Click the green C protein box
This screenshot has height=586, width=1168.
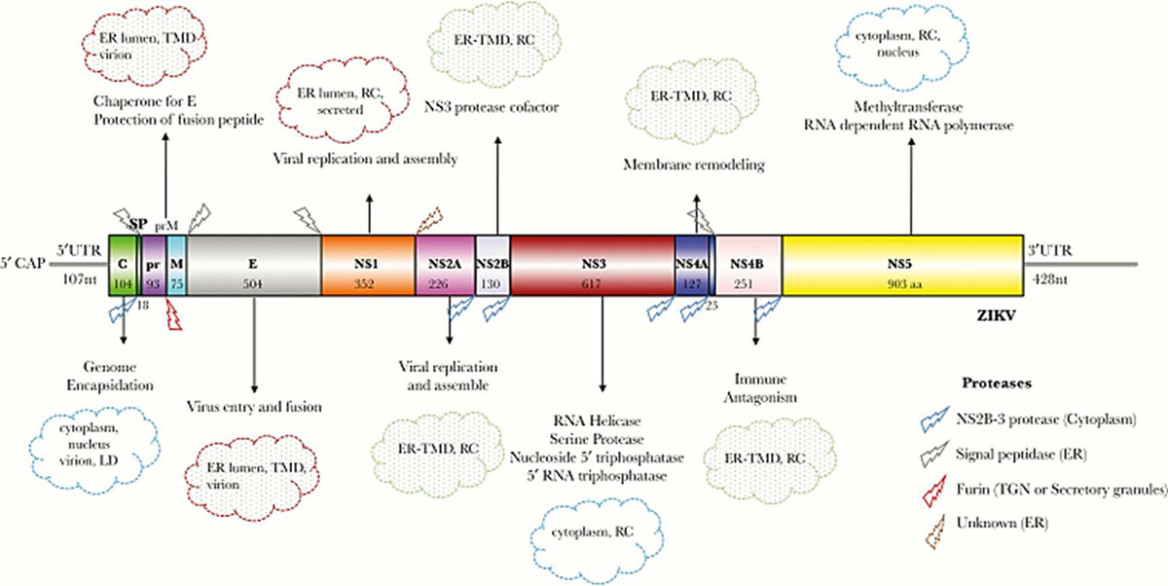(x=125, y=264)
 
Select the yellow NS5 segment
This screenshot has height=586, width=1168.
(x=902, y=264)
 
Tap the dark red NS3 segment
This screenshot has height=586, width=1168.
(x=593, y=264)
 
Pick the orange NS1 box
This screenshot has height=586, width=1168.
(x=368, y=264)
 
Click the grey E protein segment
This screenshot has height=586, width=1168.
(x=254, y=264)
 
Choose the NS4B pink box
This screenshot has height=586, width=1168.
(x=748, y=264)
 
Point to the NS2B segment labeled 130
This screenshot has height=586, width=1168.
(x=492, y=264)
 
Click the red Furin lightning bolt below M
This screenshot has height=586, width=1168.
(x=176, y=316)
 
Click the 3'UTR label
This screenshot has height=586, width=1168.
(x=1050, y=249)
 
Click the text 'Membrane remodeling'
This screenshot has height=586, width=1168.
(x=704, y=166)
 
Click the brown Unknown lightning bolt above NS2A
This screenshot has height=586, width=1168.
(x=429, y=220)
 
